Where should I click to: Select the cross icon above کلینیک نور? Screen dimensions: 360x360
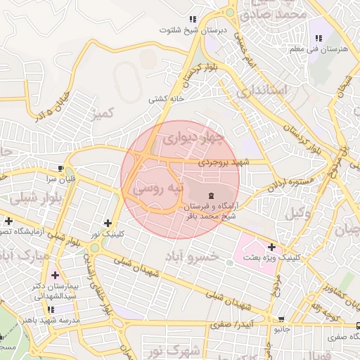tap(107, 223)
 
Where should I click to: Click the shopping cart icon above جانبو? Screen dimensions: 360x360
tap(281, 319)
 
